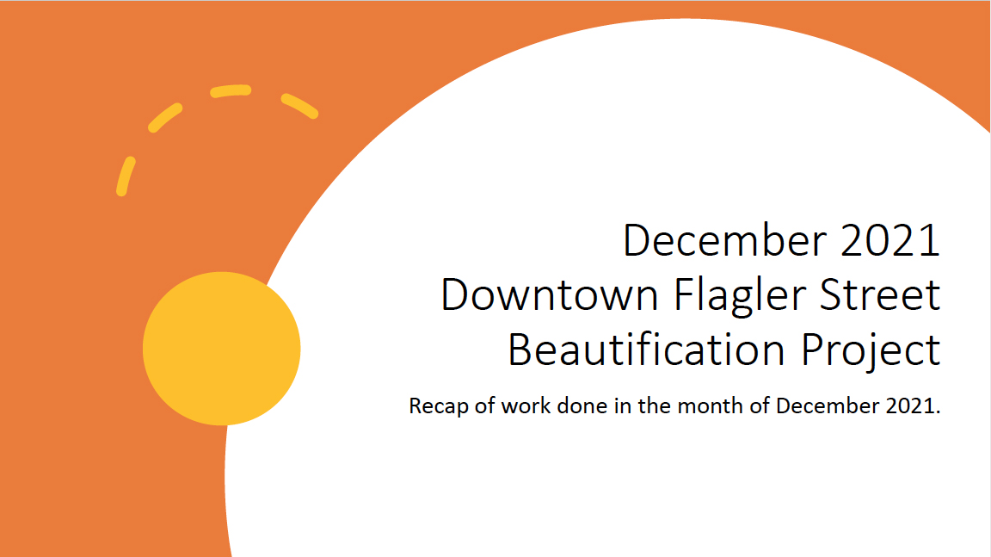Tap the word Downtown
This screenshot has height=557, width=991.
click(x=550, y=295)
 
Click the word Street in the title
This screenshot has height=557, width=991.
click(x=880, y=295)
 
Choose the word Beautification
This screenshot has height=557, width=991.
click(x=647, y=349)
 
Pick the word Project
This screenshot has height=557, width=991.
click(x=871, y=351)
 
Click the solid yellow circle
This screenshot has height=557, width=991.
click(x=221, y=349)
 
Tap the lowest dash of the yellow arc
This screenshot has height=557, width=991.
click(x=126, y=176)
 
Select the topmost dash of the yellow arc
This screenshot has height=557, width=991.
click(x=231, y=91)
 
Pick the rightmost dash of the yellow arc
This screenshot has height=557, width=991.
click(x=299, y=106)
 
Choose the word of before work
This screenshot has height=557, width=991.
click(x=485, y=405)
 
